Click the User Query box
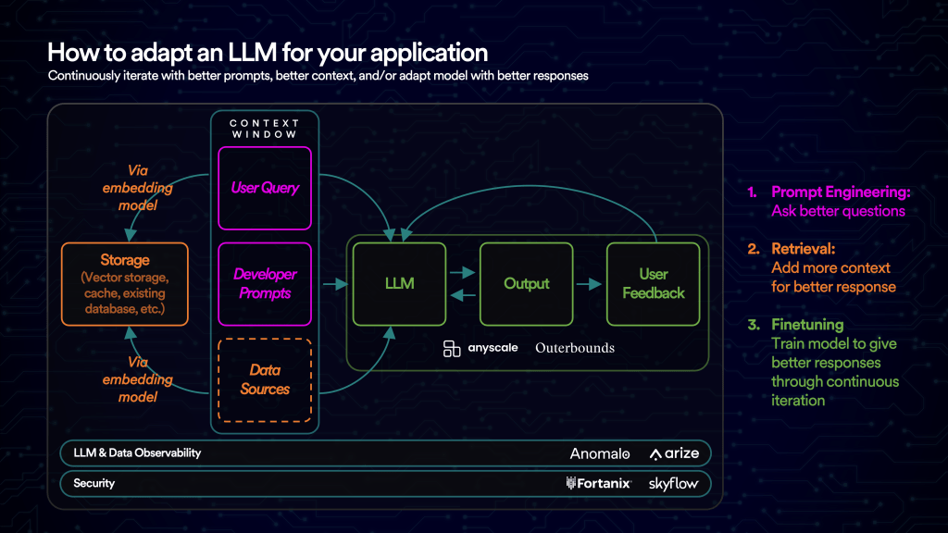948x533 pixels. click(x=265, y=188)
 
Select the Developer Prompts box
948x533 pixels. click(x=265, y=284)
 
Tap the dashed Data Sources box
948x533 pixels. click(x=265, y=379)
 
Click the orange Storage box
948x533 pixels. click(x=124, y=283)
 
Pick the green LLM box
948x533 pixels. click(x=400, y=283)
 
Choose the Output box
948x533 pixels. click(x=526, y=283)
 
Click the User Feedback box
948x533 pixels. click(x=653, y=283)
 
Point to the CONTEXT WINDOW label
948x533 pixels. click(x=264, y=129)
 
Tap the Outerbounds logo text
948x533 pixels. click(x=574, y=348)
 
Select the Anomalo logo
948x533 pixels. click(x=600, y=454)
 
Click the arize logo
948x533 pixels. click(x=674, y=454)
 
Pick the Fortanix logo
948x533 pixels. click(x=598, y=483)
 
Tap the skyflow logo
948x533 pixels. click(x=674, y=483)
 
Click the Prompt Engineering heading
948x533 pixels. click(x=841, y=192)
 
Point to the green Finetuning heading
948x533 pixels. click(x=807, y=325)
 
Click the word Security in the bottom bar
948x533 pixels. click(x=94, y=483)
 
